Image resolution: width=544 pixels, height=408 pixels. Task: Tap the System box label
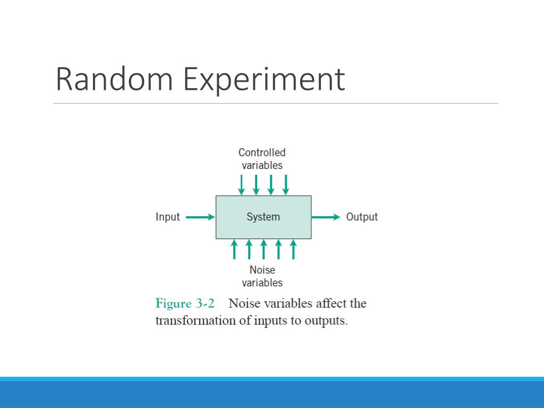coord(263,217)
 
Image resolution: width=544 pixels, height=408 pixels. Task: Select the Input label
coord(167,217)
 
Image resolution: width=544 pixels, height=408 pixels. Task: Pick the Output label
coord(362,217)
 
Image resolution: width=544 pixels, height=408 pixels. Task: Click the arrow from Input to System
coord(200,217)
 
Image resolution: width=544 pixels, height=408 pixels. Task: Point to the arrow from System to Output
coord(326,217)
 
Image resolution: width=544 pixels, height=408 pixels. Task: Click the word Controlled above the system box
coord(262,152)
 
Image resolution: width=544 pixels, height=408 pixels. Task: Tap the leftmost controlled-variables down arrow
coord(241,184)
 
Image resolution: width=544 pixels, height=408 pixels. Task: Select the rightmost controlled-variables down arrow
coord(285,184)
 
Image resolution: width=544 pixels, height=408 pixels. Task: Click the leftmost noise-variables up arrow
coord(234,249)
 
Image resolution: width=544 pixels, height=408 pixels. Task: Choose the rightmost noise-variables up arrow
coord(293,249)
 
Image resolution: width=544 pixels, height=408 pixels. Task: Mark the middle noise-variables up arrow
coord(263,249)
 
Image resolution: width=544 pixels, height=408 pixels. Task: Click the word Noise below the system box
coord(262,270)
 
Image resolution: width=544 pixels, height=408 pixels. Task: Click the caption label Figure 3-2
coord(185,304)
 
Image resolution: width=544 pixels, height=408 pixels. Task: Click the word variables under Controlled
coord(262,165)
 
